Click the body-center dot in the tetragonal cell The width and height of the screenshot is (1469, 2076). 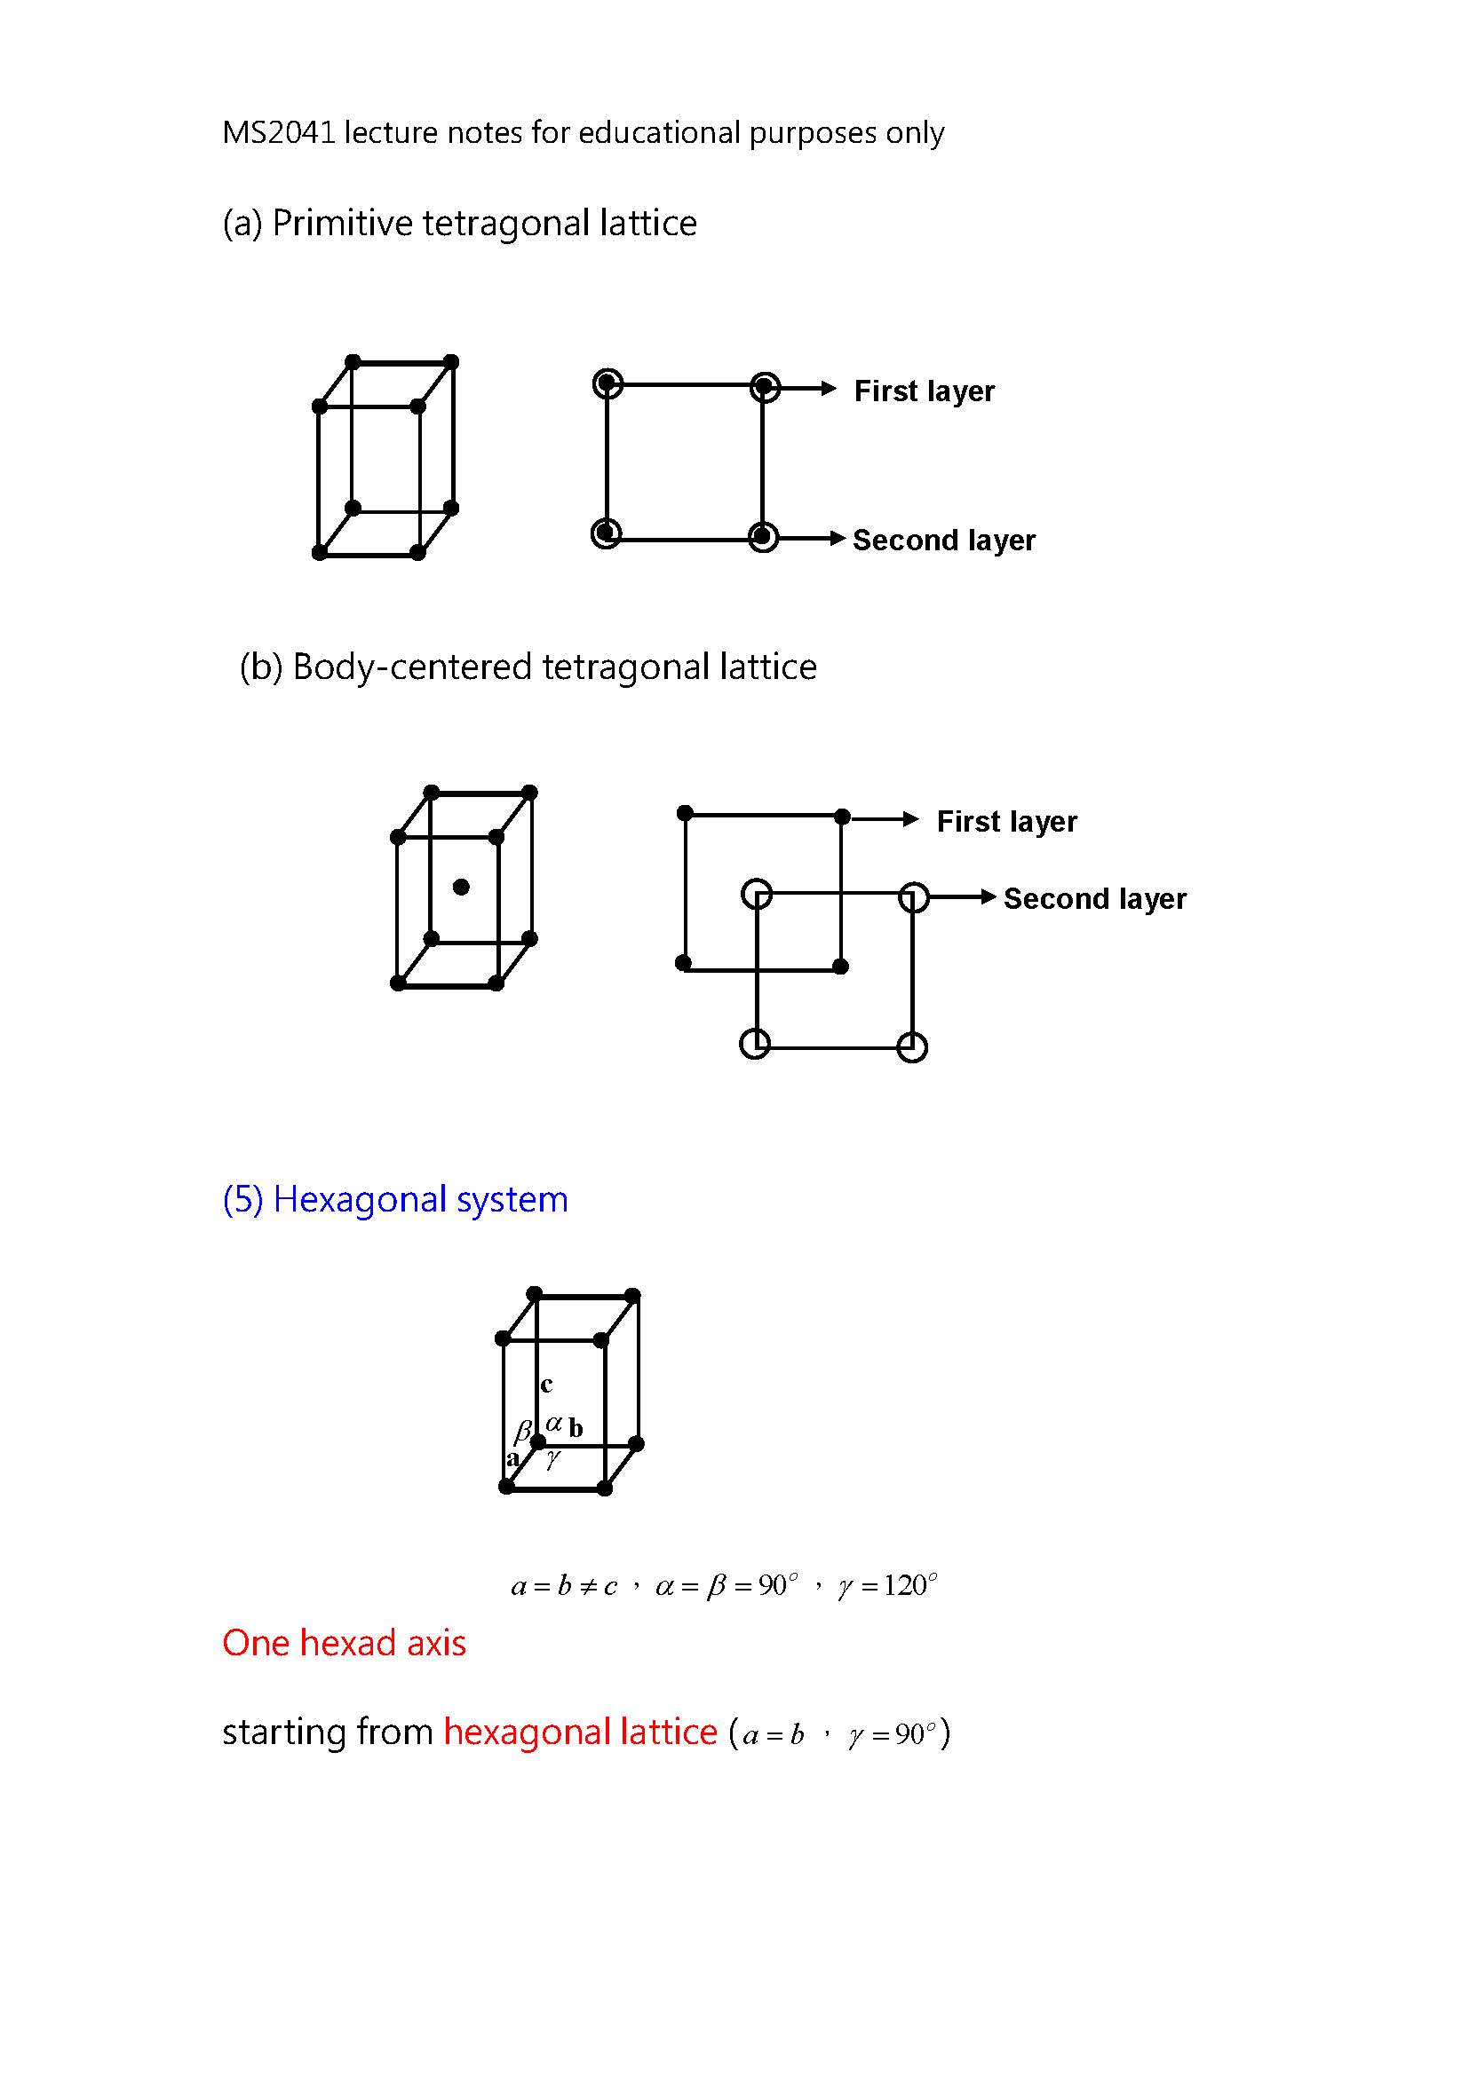coord(461,887)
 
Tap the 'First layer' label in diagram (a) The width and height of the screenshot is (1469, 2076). coord(924,391)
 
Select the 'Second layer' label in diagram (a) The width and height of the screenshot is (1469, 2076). coord(943,540)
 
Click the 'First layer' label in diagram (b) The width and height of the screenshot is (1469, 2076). coord(1007,821)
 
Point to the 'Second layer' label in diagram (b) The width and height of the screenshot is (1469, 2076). coord(1094,898)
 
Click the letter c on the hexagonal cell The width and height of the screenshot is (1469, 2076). coord(546,1385)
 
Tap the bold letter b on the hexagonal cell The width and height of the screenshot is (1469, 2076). coord(576,1430)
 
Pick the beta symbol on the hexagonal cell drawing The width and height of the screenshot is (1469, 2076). coord(523,1432)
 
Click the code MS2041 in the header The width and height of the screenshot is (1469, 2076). coord(278,133)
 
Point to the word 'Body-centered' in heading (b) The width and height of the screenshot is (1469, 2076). coord(412,667)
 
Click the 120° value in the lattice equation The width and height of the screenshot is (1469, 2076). coord(909,1585)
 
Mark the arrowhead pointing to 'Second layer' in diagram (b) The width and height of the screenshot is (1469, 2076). coord(989,897)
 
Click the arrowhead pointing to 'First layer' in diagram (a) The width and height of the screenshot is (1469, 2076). coord(829,389)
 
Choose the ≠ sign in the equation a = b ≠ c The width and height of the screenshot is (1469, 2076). coord(588,1587)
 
